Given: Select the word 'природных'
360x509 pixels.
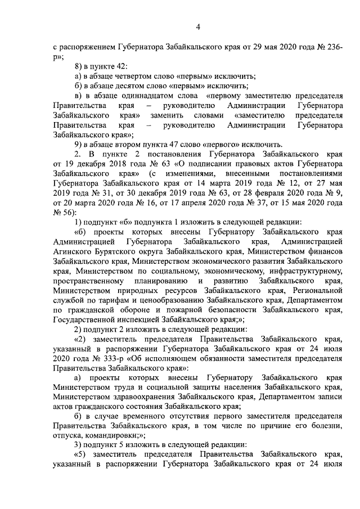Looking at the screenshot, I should pos(141,290).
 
